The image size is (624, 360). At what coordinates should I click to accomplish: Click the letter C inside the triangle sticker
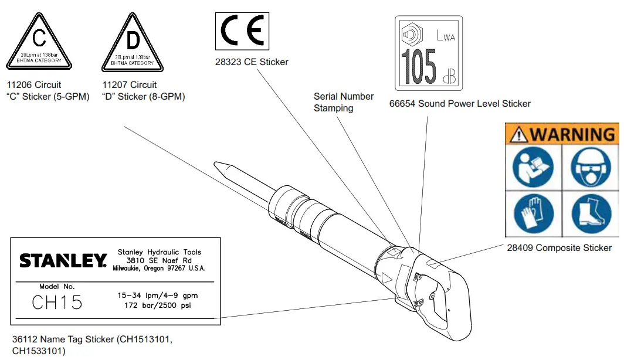39,39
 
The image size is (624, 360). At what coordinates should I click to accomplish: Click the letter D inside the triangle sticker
134,40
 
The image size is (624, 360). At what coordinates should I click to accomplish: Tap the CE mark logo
243,32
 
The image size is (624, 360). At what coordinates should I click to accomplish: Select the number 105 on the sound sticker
418,66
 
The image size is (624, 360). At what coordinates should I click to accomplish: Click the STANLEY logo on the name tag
63,260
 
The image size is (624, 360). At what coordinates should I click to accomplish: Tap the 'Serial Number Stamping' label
343,102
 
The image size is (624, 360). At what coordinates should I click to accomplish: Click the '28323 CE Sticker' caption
252,62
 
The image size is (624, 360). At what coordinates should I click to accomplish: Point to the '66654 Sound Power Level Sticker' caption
460,104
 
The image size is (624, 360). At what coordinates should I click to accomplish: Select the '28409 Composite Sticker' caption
559,248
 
